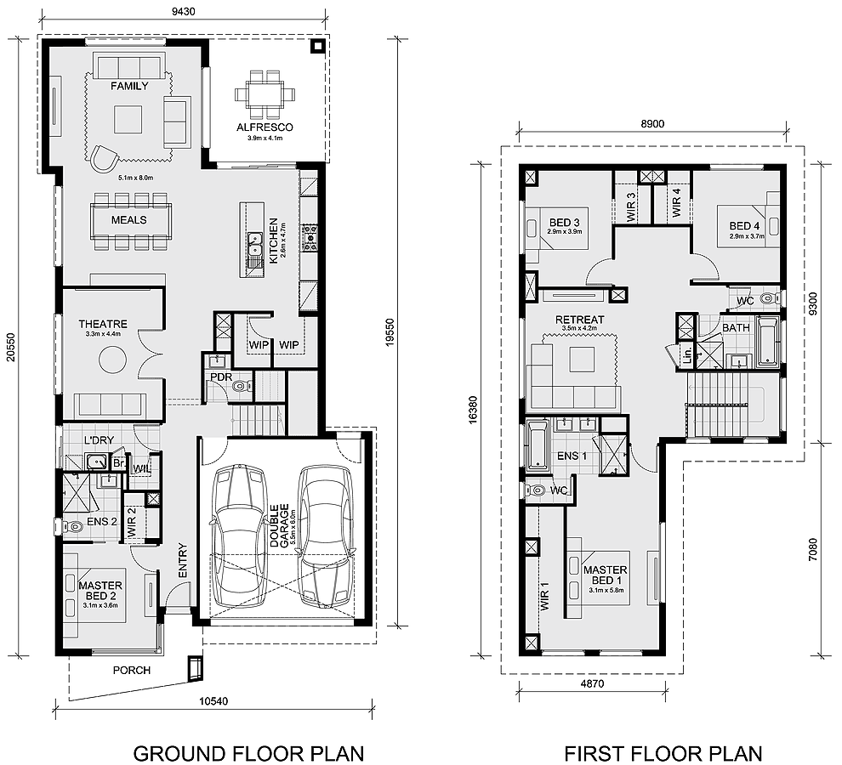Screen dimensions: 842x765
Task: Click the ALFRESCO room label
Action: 265,127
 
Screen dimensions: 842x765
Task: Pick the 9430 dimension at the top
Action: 184,11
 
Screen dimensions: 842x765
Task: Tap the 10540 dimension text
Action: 213,701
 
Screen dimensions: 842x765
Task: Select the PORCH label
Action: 132,670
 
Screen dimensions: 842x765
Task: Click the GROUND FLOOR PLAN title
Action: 248,753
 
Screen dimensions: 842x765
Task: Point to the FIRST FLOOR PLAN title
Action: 663,753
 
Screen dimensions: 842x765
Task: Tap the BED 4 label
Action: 744,226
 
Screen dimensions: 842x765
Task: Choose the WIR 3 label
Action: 631,207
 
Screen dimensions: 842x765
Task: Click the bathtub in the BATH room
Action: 767,341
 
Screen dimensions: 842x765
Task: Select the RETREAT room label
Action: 579,320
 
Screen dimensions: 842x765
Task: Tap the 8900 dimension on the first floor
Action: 652,124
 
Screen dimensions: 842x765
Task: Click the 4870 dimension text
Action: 592,684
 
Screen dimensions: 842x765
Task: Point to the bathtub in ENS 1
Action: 538,445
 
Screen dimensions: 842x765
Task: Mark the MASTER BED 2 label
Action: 100,591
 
